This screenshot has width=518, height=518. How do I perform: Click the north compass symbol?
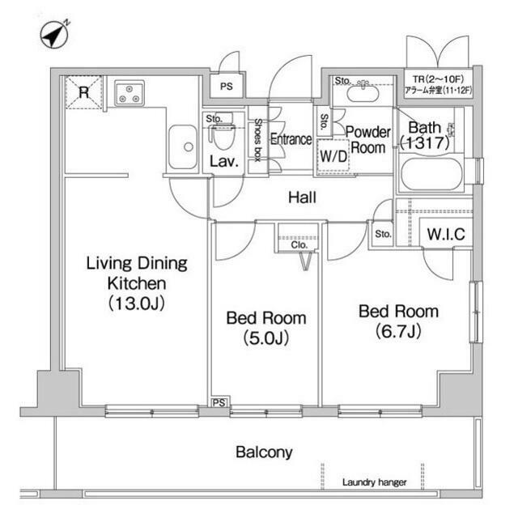tap(54, 34)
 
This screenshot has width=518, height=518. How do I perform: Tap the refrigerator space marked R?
tap(84, 92)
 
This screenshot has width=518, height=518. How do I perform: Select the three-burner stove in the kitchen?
tap(129, 93)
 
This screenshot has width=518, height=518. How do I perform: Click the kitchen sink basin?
tap(183, 146)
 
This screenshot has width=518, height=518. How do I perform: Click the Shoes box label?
tap(258, 140)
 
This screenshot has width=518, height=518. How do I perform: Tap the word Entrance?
tap(291, 139)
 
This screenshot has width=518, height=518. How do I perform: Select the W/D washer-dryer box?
tap(333, 155)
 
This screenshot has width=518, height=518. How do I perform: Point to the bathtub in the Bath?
tap(431, 174)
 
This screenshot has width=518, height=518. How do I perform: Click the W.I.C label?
tap(446, 234)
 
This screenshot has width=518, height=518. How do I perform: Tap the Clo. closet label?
tap(299, 244)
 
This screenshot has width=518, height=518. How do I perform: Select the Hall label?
tap(302, 197)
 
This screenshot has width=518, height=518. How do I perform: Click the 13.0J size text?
tap(137, 303)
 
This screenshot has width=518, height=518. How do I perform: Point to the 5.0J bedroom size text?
tap(266, 338)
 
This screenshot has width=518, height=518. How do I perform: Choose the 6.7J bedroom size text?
tap(398, 331)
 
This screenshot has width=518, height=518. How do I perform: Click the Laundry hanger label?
tap(374, 482)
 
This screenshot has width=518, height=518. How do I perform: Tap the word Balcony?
tap(264, 452)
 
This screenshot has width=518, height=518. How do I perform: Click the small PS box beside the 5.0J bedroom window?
tap(219, 402)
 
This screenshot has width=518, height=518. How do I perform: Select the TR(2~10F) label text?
tap(438, 79)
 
